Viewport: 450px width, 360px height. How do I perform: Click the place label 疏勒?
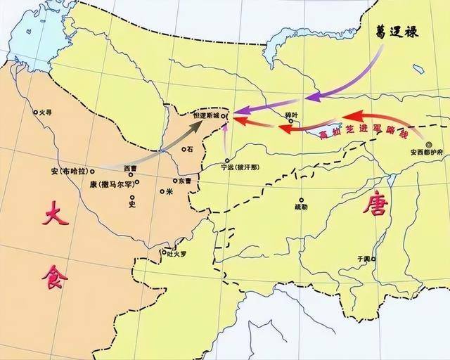(301, 207)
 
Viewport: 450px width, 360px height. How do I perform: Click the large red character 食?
(56, 276)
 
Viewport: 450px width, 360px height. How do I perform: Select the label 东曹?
(184, 181)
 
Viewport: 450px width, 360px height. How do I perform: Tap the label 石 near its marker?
(189, 149)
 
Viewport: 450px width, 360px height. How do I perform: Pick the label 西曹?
(131, 169)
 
